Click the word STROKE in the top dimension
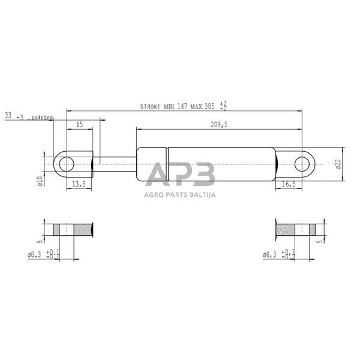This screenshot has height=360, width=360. [x=151, y=106]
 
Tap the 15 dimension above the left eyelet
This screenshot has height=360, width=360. [x=79, y=124]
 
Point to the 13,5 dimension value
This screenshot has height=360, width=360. [x=79, y=184]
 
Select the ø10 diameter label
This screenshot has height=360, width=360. [x=40, y=180]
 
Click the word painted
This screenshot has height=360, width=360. [x=42, y=117]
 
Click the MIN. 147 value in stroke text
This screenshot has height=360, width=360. [x=175, y=106]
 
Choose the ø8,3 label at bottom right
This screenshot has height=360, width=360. [x=271, y=255]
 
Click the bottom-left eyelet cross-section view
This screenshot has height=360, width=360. [x=74, y=229]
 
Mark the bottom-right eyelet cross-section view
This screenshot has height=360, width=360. [x=295, y=229]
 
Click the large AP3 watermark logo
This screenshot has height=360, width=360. [x=180, y=176]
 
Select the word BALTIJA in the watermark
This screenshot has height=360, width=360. [x=202, y=194]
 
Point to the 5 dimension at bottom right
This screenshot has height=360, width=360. [x=321, y=241]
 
